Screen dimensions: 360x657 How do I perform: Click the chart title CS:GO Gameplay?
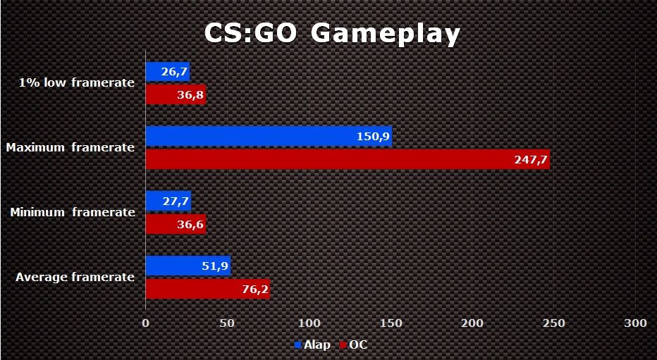point(332,33)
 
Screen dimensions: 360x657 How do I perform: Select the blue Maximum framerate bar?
point(268,136)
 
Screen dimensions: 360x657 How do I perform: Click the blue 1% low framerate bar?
point(167,71)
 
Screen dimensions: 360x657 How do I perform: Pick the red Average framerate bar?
point(207,289)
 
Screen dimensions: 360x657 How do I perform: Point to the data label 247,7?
point(532,160)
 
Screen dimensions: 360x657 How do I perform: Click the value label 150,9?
point(374,136)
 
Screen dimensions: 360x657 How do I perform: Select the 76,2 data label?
point(255,289)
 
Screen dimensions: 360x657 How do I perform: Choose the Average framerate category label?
point(75,277)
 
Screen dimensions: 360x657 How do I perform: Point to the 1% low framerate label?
point(77,82)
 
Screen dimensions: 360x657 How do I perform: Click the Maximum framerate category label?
point(70,147)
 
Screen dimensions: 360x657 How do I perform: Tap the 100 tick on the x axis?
point(309,323)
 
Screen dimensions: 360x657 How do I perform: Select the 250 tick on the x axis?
point(553,323)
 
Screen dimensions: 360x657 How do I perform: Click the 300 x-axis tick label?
point(635,323)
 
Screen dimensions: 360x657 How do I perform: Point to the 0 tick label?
point(146,323)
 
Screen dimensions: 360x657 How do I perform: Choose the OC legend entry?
point(353,345)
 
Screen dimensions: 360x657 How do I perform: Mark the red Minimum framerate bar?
point(176,224)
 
